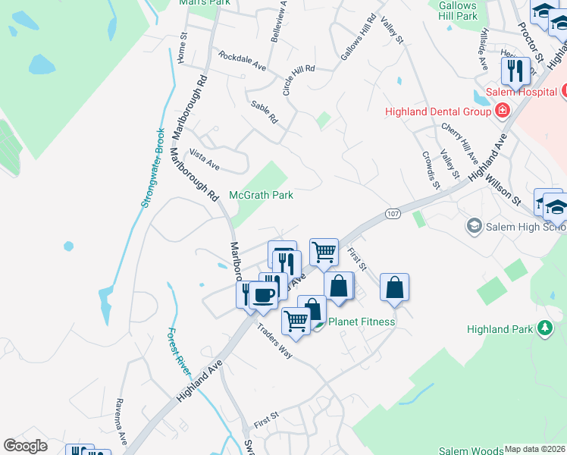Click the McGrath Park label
261,195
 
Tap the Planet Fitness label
361,322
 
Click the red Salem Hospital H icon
501,111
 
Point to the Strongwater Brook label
152,168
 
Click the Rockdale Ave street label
242,61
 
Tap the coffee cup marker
263,296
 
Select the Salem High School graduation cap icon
475,226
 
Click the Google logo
25,446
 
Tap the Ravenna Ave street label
121,421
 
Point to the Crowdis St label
430,168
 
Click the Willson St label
503,192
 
